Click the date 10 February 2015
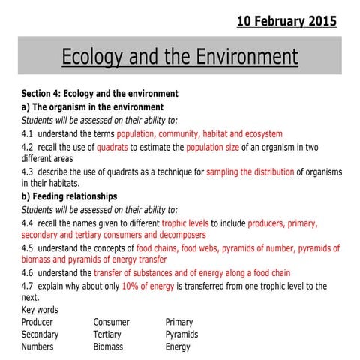(286, 21)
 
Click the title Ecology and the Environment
(179, 57)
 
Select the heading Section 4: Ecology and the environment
(100, 94)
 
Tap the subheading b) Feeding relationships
(69, 196)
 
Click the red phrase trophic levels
(185, 223)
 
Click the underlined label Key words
(40, 310)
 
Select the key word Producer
(37, 322)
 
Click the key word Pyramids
(181, 334)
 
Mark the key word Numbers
(37, 347)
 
